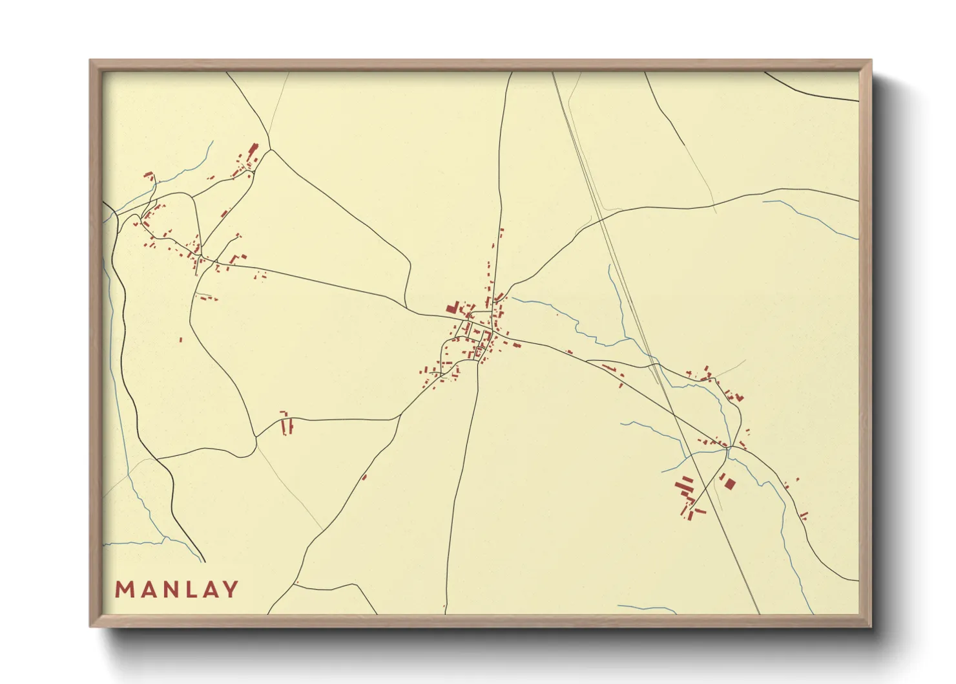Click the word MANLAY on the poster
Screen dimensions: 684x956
click(x=176, y=589)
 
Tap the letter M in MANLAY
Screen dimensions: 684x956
click(x=124, y=589)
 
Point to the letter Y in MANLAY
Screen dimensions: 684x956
click(x=229, y=589)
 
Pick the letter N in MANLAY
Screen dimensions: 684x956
click(x=166, y=589)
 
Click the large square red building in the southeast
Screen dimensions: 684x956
click(x=729, y=483)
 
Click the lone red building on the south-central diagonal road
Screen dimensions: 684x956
click(x=364, y=477)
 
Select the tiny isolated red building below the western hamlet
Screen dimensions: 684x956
click(x=181, y=339)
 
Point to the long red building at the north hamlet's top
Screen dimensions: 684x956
click(x=253, y=150)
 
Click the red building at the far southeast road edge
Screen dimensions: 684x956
click(x=804, y=515)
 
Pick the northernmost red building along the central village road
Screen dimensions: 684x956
click(x=501, y=230)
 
